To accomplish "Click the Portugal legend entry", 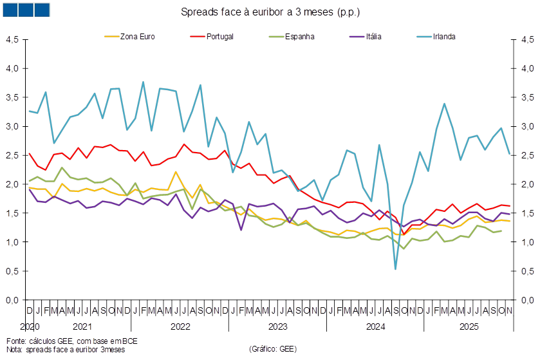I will pyautogui.click(x=219, y=36).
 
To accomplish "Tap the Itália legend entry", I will pyautogui.click(x=373, y=36).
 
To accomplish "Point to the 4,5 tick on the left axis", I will pyautogui.click(x=12, y=39).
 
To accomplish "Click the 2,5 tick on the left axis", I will pyautogui.click(x=12, y=155).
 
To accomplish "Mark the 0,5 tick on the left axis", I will pyautogui.click(x=12, y=271).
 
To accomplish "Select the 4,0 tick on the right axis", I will pyautogui.click(x=527, y=68).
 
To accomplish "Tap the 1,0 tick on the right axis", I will pyautogui.click(x=527, y=242).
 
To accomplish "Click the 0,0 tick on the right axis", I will pyautogui.click(x=527, y=300).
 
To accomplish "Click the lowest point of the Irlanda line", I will pyautogui.click(x=395, y=269).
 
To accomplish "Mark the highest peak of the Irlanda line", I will pyautogui.click(x=143, y=82).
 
